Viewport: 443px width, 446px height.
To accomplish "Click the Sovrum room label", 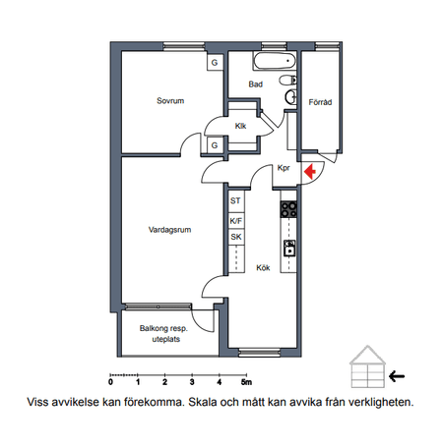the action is tap(170, 100).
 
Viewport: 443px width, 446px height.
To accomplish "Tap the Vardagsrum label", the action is tap(169, 230).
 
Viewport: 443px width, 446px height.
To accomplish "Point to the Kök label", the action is tap(263, 268).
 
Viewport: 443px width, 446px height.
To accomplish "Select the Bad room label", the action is tap(256, 84).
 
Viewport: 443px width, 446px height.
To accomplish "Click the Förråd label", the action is tap(320, 102).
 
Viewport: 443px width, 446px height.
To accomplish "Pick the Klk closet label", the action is tap(240, 126).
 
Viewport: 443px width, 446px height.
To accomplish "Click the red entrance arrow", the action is tap(310, 171).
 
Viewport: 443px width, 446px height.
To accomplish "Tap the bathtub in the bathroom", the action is tap(275, 61).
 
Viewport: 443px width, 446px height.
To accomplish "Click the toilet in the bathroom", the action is tap(288, 80).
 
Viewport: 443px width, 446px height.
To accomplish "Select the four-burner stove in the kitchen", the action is tap(288, 209).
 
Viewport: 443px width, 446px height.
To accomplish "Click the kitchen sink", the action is tap(289, 249).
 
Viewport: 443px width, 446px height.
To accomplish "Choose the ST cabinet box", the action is tap(236, 200).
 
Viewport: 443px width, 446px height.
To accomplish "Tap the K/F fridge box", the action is tap(236, 221).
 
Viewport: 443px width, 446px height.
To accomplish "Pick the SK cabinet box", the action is tap(236, 237).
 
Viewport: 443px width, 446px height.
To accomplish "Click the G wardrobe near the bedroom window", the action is tap(215, 62).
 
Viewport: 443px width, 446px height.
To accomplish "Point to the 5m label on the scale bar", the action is tap(247, 382).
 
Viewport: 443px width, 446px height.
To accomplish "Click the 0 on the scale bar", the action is tap(111, 382).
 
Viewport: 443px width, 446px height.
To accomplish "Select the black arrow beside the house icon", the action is tap(397, 376).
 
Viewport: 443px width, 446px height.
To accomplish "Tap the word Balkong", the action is tap(155, 328).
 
